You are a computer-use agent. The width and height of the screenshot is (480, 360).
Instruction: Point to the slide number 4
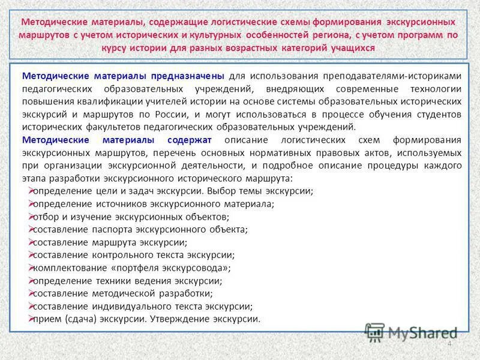449,343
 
